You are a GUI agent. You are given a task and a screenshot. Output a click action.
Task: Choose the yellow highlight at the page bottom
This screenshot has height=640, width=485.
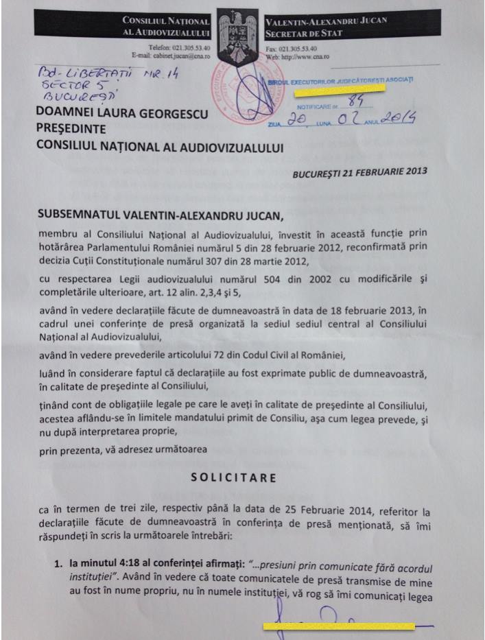coord(338,626)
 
